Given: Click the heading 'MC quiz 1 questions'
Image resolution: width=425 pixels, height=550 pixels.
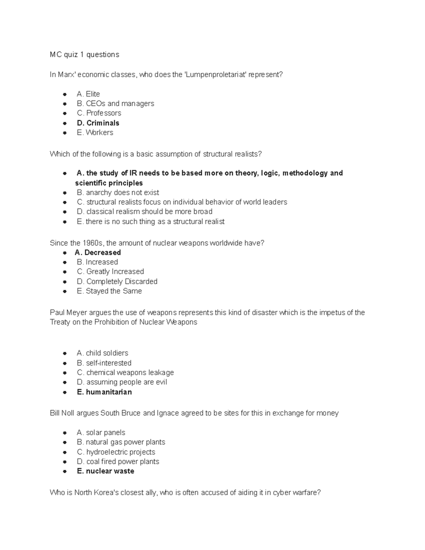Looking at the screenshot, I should click(x=84, y=55).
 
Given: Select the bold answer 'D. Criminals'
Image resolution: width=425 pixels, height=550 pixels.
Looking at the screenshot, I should click(x=98, y=123).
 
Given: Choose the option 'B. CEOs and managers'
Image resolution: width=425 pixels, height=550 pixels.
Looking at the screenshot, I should click(x=115, y=103).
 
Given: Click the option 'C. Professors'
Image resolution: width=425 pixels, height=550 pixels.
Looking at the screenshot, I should click(x=99, y=113).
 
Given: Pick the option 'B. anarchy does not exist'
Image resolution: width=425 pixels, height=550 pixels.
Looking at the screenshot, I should click(x=118, y=192).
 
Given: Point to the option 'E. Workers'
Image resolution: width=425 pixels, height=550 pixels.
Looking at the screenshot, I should click(x=95, y=132).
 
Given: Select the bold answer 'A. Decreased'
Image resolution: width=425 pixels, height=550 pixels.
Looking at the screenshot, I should click(x=98, y=253).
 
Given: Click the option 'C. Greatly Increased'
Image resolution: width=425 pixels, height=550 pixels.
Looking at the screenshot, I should click(x=110, y=272).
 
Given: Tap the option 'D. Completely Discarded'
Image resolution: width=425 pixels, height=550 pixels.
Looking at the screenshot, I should click(x=117, y=282).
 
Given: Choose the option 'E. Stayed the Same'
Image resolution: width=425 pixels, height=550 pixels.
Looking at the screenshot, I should click(x=109, y=291).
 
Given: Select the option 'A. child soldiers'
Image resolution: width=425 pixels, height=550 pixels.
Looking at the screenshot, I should click(x=102, y=353).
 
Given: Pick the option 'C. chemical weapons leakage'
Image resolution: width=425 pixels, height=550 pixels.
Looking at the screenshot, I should click(x=125, y=373).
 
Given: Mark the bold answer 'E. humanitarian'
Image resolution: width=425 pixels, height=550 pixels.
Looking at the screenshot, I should click(x=104, y=392).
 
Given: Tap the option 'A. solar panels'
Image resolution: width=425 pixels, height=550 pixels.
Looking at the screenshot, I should click(x=101, y=433).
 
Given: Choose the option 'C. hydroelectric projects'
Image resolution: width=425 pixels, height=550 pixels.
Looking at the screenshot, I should click(x=116, y=452).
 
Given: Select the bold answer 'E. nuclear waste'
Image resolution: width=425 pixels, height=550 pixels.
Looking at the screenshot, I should click(x=105, y=471).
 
